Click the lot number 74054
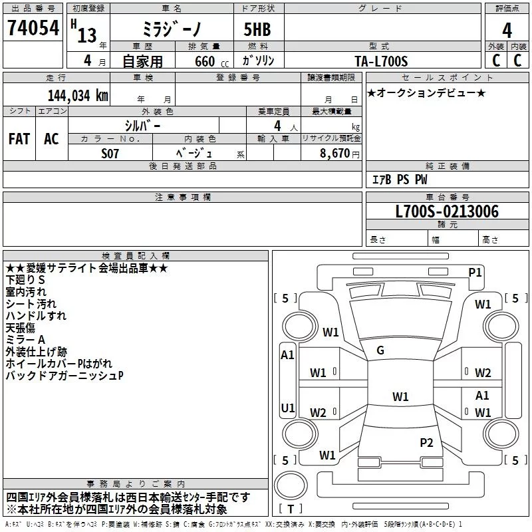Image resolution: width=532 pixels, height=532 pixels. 33,29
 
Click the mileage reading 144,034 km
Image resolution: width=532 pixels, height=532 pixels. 78,95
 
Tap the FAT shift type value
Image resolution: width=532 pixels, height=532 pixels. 19,139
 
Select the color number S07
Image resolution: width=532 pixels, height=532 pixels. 110,153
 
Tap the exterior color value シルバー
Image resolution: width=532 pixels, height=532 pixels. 142,125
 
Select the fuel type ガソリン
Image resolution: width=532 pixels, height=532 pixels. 258,61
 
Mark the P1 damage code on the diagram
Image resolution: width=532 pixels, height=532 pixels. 475,271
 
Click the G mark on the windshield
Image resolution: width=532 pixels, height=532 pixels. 380,350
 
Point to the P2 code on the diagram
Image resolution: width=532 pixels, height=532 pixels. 426,442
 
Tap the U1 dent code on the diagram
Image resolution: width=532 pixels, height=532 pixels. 287,408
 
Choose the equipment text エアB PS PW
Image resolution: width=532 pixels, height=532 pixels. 399,180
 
